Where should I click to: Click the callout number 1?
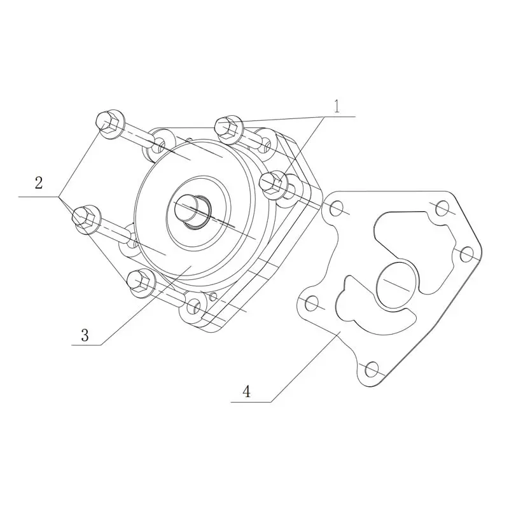tap(337, 106)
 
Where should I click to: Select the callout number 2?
tap(39, 183)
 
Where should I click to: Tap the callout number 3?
tap(85, 335)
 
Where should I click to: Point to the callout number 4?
tap(247, 391)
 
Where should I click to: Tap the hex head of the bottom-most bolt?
tap(141, 283)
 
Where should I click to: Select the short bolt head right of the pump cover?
tap(274, 185)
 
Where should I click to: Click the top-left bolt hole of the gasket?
tap(336, 208)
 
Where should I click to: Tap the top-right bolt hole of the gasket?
tap(442, 208)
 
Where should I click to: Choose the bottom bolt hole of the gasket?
tap(372, 369)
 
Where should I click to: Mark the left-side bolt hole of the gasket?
tap(312, 303)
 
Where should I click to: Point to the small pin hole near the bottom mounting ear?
tap(213, 296)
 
